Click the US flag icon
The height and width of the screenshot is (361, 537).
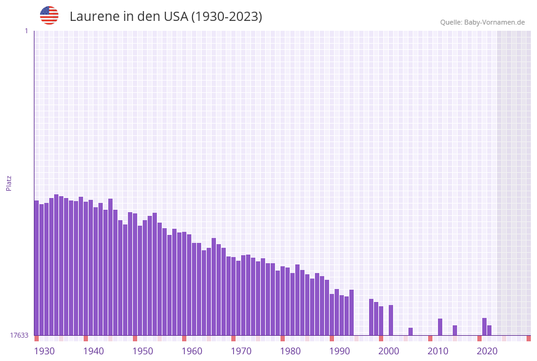49,15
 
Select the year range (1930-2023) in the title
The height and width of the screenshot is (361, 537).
226,17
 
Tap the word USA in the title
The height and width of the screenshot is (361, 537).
175,17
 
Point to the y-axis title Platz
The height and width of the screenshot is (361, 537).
9,183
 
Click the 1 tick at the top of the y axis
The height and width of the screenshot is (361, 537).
26,31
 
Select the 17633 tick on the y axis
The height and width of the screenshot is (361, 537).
19,335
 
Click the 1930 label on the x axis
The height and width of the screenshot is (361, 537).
44,351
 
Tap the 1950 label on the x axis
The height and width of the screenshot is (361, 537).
143,351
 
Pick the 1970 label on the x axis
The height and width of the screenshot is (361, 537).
241,351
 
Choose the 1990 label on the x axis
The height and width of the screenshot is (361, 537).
340,351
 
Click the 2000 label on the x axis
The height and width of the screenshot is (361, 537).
389,351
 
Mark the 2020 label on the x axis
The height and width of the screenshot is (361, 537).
487,351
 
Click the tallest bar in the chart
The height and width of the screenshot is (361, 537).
56,264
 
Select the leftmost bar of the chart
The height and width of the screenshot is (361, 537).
36,268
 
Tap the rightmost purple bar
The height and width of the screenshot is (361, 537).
489,330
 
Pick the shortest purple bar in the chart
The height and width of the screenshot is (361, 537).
410,331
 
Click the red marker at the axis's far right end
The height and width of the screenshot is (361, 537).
528,338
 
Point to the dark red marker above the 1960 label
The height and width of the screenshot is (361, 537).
184,338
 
